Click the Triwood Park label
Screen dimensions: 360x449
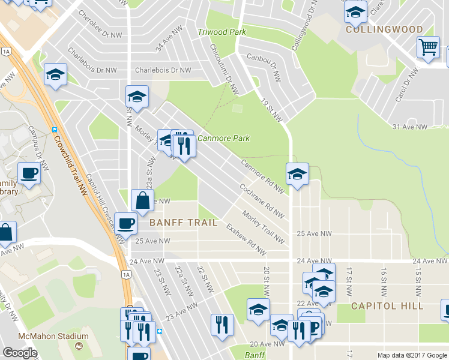coord(222,32)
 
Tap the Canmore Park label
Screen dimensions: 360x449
coord(223,139)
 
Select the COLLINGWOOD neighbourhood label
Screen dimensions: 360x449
coord(384,29)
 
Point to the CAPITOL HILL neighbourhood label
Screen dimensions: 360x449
coord(387,305)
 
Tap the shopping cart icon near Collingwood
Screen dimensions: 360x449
coord(428,47)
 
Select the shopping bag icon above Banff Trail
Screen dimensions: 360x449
coord(142,201)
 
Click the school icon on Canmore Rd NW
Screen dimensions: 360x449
coord(297,174)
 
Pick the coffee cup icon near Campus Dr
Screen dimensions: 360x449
coord(29,173)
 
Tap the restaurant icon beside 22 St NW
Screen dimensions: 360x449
coord(222,324)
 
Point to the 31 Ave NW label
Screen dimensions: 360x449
coord(409,127)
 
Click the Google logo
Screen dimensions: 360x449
coord(20,353)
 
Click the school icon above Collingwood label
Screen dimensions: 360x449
coord(356,11)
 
